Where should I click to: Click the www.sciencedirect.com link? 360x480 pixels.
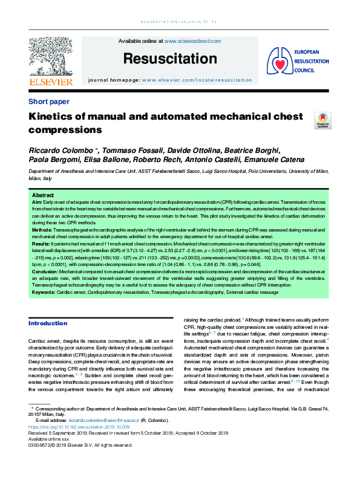tap(192, 41)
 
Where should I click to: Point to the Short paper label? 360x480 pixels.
tap(49, 102)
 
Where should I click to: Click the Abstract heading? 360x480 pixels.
tap(42, 196)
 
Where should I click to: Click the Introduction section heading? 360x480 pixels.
tap(48, 323)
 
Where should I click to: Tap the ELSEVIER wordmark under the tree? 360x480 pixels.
tap(51, 82)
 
